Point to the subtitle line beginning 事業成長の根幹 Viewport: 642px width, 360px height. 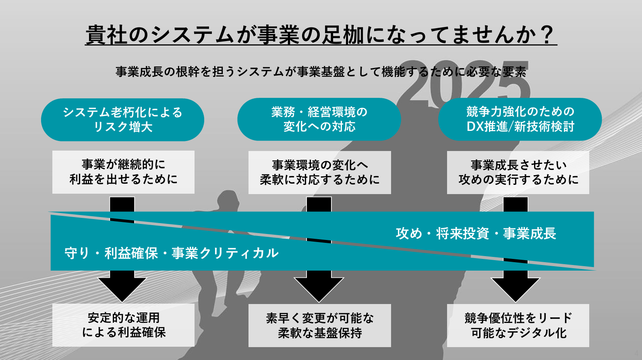pos(321,72)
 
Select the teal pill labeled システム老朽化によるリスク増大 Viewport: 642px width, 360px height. pos(122,120)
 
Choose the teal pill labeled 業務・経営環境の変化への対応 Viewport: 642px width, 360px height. pos(319,119)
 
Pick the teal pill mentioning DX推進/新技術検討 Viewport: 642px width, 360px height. pos(520,119)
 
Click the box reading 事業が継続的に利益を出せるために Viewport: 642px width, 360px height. pos(123,172)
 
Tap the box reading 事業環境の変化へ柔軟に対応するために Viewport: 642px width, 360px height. pos(319,172)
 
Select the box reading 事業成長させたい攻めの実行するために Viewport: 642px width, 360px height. pos(518,172)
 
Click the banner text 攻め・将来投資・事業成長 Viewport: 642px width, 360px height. pos(476,234)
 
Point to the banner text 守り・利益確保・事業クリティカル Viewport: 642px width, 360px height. pos(172,253)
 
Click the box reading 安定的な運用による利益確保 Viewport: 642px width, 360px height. pos(123,325)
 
